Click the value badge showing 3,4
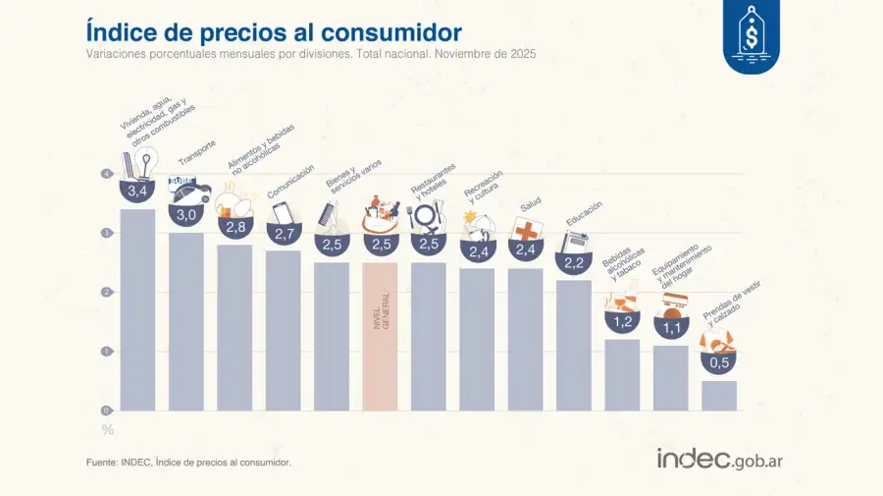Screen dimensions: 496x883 point(137,191)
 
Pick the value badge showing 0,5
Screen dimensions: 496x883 point(719,362)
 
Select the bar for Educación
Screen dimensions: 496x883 point(573,345)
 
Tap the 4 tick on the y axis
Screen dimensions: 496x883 point(106,174)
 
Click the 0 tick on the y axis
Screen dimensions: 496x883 point(106,411)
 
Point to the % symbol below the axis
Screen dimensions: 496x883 point(107,429)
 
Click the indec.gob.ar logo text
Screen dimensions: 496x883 point(719,459)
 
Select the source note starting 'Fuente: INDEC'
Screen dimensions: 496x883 point(188,462)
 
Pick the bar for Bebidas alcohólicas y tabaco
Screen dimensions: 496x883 point(622,374)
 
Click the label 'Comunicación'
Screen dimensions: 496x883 point(290,182)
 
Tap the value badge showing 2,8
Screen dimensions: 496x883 point(234,227)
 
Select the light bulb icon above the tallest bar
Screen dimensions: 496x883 point(146,161)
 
